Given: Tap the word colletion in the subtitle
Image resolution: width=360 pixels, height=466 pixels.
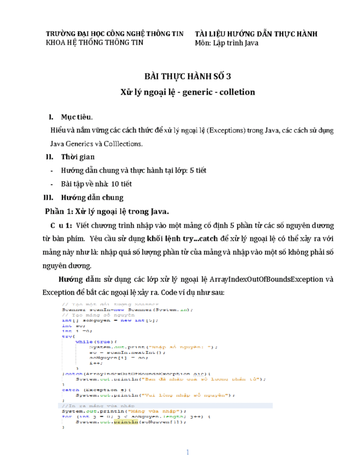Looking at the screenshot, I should pyautogui.click(x=237, y=92).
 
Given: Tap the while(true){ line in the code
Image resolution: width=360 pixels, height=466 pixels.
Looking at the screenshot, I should pyautogui.click(x=96, y=341).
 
